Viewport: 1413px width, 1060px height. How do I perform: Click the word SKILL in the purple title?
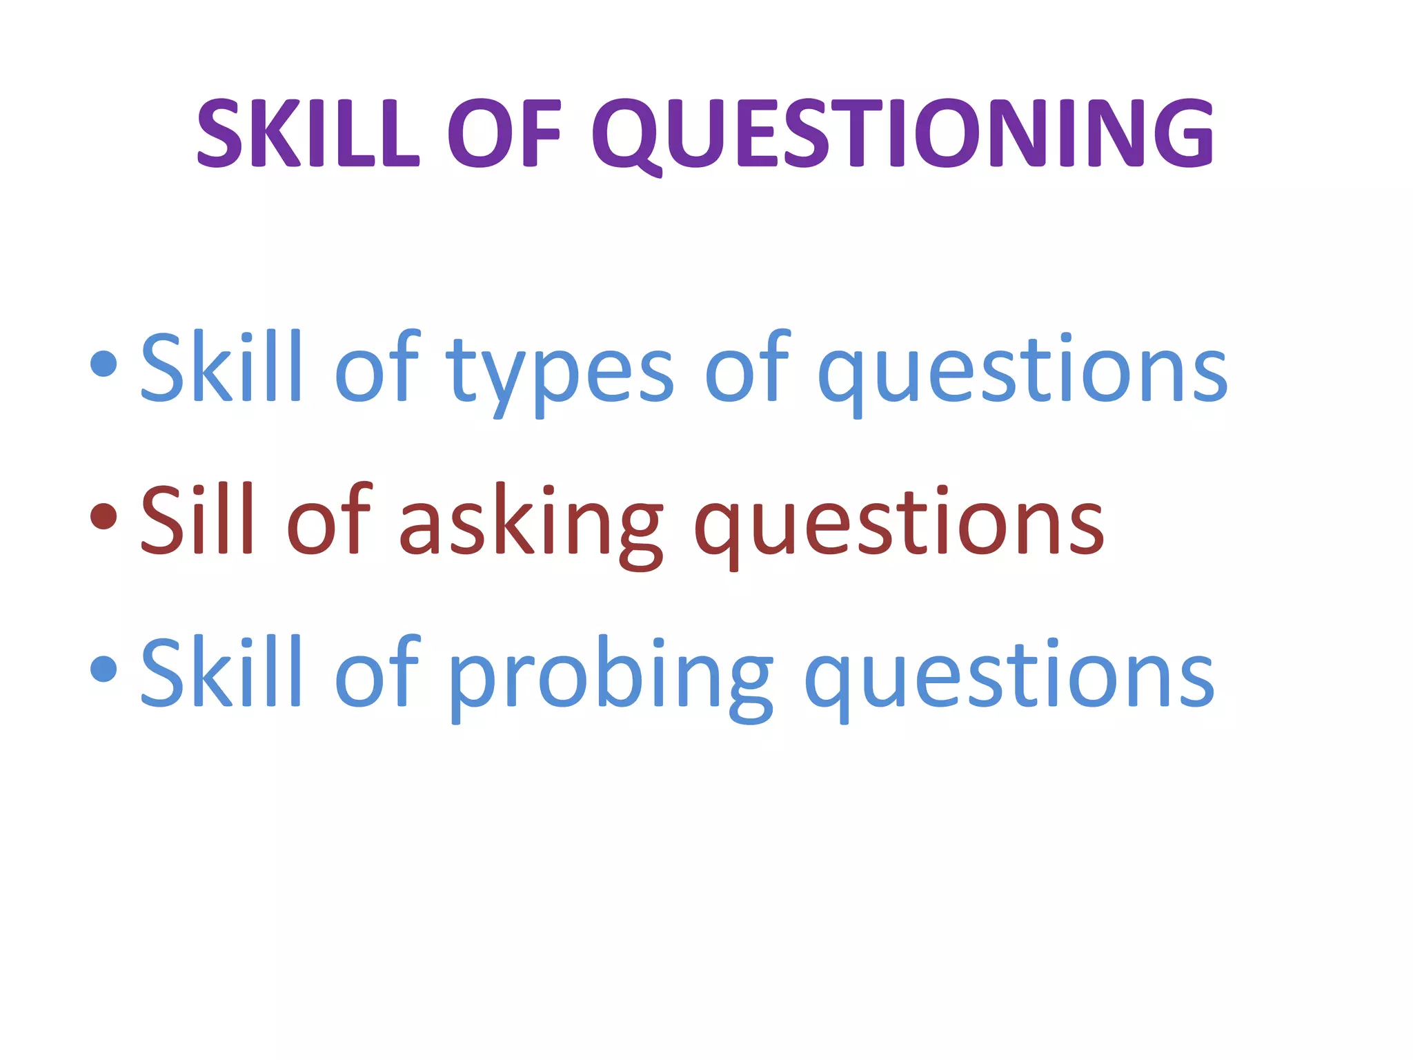(308, 132)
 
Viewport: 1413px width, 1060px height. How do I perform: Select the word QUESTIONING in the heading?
(902, 132)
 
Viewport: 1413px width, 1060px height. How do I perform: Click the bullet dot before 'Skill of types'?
(103, 364)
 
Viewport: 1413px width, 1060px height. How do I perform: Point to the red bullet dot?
(103, 516)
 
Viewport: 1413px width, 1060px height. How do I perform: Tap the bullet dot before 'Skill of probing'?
(103, 669)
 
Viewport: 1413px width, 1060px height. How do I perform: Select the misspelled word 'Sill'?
(197, 519)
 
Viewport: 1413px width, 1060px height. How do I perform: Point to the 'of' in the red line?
(328, 519)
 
